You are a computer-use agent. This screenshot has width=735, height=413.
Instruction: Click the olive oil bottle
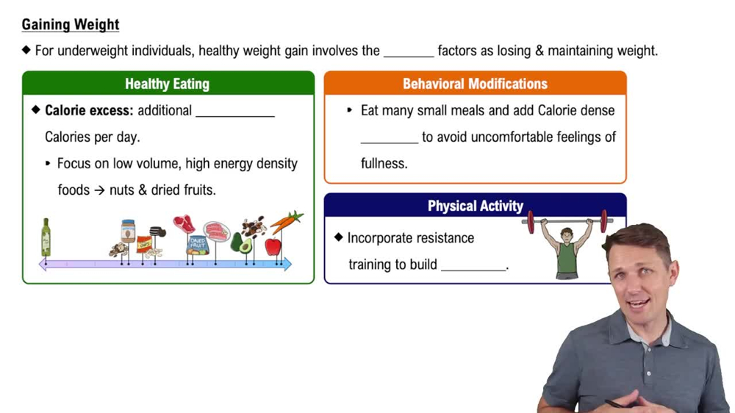[x=46, y=237]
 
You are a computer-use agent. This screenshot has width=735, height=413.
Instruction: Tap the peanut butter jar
[x=128, y=231]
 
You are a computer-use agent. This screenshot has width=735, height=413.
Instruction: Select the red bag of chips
[x=144, y=244]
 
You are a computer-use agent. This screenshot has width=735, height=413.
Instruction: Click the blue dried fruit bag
[x=197, y=244]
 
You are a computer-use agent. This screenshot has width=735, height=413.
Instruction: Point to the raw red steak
[x=184, y=223]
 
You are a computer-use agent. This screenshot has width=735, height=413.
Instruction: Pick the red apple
[x=273, y=247]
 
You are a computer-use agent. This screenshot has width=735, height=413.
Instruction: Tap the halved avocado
[x=242, y=243]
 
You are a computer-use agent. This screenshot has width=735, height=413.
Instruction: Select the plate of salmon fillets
[x=216, y=231]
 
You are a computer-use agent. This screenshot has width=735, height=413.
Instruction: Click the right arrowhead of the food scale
[x=287, y=264]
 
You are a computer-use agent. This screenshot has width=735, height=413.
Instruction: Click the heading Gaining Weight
[x=71, y=24]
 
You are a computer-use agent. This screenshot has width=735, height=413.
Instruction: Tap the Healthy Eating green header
[x=168, y=84]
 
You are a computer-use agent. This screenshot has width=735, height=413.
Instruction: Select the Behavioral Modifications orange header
[x=475, y=84]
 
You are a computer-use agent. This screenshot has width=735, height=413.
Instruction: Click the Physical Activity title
[x=475, y=206]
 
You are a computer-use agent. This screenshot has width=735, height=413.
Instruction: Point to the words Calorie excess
[x=89, y=111]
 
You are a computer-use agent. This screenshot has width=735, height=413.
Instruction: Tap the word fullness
[x=384, y=164]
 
